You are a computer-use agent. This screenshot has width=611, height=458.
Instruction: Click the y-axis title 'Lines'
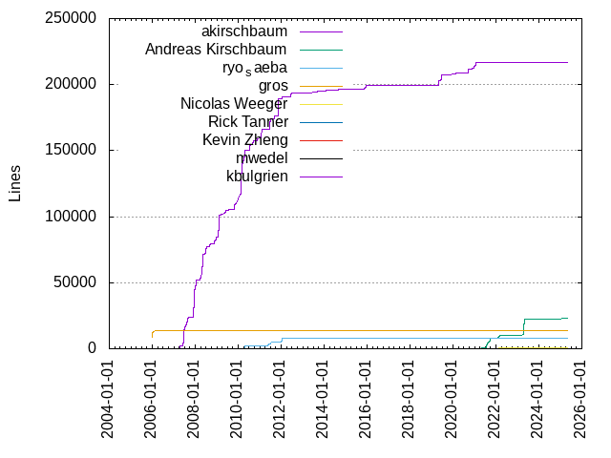pos(14,183)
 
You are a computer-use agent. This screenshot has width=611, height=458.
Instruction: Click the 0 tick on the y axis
pos(93,348)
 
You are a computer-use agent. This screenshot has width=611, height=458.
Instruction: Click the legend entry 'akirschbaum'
pos(244,31)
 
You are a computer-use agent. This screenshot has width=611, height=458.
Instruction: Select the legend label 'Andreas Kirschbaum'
pos(217,50)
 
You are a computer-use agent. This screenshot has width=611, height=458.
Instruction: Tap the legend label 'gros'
pos(271,86)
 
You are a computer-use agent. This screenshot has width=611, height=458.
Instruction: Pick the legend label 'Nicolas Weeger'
pos(234,104)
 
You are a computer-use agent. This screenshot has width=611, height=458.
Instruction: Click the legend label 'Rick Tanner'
pos(248,122)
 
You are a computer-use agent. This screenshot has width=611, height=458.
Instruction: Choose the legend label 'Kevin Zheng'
pos(245,140)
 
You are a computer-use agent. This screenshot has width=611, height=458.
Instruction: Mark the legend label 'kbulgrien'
pos(257,177)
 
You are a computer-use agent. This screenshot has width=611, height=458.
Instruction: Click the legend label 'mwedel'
pos(262,158)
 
